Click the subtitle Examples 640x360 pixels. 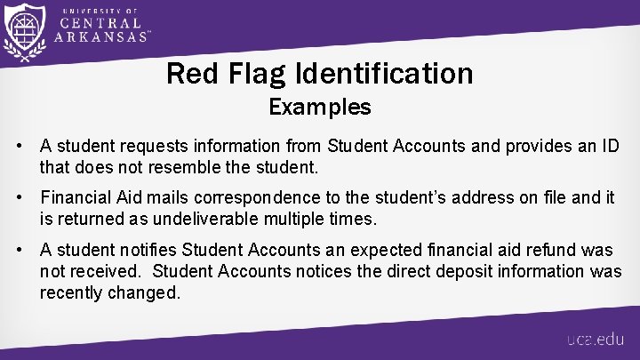click(x=319, y=108)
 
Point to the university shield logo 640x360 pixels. click(x=24, y=33)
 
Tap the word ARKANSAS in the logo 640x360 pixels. click(x=100, y=37)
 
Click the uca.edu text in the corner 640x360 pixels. click(x=595, y=340)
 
